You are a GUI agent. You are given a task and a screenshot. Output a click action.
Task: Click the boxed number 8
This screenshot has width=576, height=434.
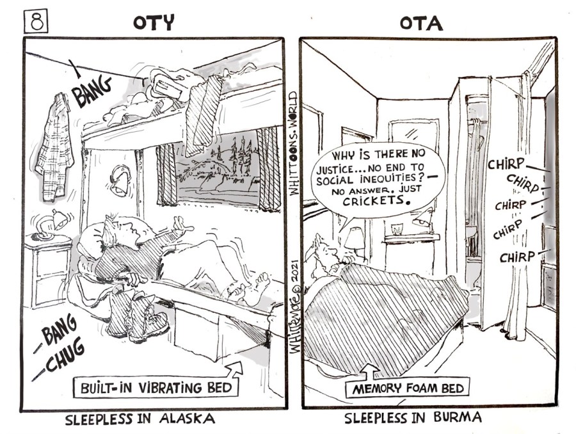pyautogui.click(x=36, y=22)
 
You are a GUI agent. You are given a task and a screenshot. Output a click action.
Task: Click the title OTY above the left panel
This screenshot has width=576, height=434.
pyautogui.click(x=153, y=23)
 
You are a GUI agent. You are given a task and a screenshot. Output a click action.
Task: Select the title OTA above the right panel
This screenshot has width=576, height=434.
pyautogui.click(x=421, y=24)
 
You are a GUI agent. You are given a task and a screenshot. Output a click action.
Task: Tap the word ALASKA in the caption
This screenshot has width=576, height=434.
pyautogui.click(x=187, y=419)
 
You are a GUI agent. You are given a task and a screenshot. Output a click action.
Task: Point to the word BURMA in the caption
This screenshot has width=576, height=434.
pyautogui.click(x=458, y=417)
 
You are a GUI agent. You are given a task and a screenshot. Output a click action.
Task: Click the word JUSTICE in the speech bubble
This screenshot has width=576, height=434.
pyautogui.click(x=333, y=170)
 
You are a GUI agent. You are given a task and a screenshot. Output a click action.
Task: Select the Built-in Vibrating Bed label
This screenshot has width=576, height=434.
pyautogui.click(x=156, y=387)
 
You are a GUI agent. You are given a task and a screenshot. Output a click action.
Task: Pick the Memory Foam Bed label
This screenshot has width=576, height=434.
pyautogui.click(x=408, y=388)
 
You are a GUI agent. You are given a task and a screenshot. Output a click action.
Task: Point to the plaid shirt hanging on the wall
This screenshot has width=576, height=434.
pyautogui.click(x=54, y=147)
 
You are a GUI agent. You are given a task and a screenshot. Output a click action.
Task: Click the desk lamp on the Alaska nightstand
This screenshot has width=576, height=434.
pyautogui.click(x=51, y=224)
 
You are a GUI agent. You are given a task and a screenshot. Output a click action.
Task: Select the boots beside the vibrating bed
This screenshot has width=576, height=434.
pyautogui.click(x=138, y=316)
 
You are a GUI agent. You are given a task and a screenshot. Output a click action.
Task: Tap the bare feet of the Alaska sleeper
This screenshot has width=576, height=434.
pyautogui.click(x=249, y=289)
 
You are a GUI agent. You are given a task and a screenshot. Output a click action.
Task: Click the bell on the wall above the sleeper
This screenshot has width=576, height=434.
pyautogui.click(x=120, y=182)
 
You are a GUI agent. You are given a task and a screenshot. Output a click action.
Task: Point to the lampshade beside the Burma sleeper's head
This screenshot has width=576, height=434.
pyautogui.click(x=354, y=238)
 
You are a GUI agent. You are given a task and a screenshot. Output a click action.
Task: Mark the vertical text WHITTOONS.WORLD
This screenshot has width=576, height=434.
pyautogui.click(x=292, y=143)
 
